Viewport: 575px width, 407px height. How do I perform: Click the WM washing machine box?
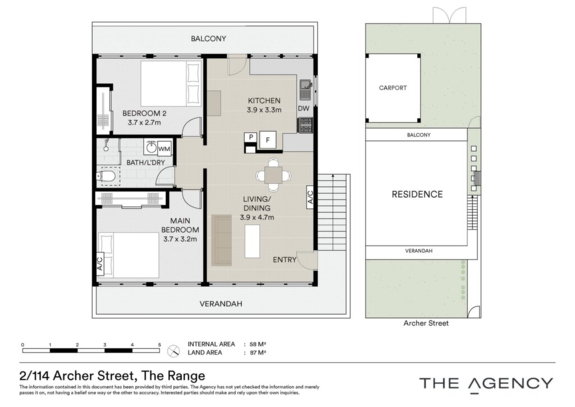click(164, 148)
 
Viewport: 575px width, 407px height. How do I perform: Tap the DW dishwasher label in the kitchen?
click(304, 108)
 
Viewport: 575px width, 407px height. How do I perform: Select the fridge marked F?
click(268, 140)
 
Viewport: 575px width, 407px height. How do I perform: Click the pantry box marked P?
click(251, 137)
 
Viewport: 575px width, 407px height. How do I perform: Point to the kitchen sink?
click(305, 90)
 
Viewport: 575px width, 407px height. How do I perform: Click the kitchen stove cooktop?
click(305, 125)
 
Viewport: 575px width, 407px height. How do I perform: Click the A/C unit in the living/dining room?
click(310, 197)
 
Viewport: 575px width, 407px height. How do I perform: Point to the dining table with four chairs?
click(273, 175)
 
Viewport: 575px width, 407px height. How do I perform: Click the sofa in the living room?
click(222, 240)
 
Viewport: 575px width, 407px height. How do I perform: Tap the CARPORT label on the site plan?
click(393, 88)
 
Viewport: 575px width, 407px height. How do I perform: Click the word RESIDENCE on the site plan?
click(417, 194)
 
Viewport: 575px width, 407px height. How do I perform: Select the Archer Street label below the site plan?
click(426, 323)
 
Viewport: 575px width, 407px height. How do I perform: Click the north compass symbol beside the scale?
click(174, 351)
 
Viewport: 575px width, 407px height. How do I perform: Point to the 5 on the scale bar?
click(159, 345)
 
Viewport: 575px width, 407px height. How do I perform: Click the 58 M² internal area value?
click(258, 344)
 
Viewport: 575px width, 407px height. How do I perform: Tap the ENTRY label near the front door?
click(285, 260)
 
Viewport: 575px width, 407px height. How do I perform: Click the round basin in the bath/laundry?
click(150, 148)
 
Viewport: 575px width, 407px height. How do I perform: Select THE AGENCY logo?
click(486, 384)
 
